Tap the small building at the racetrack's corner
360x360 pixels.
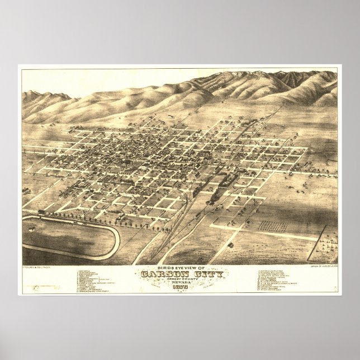pos(42,211)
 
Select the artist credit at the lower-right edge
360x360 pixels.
pos(323,267)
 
